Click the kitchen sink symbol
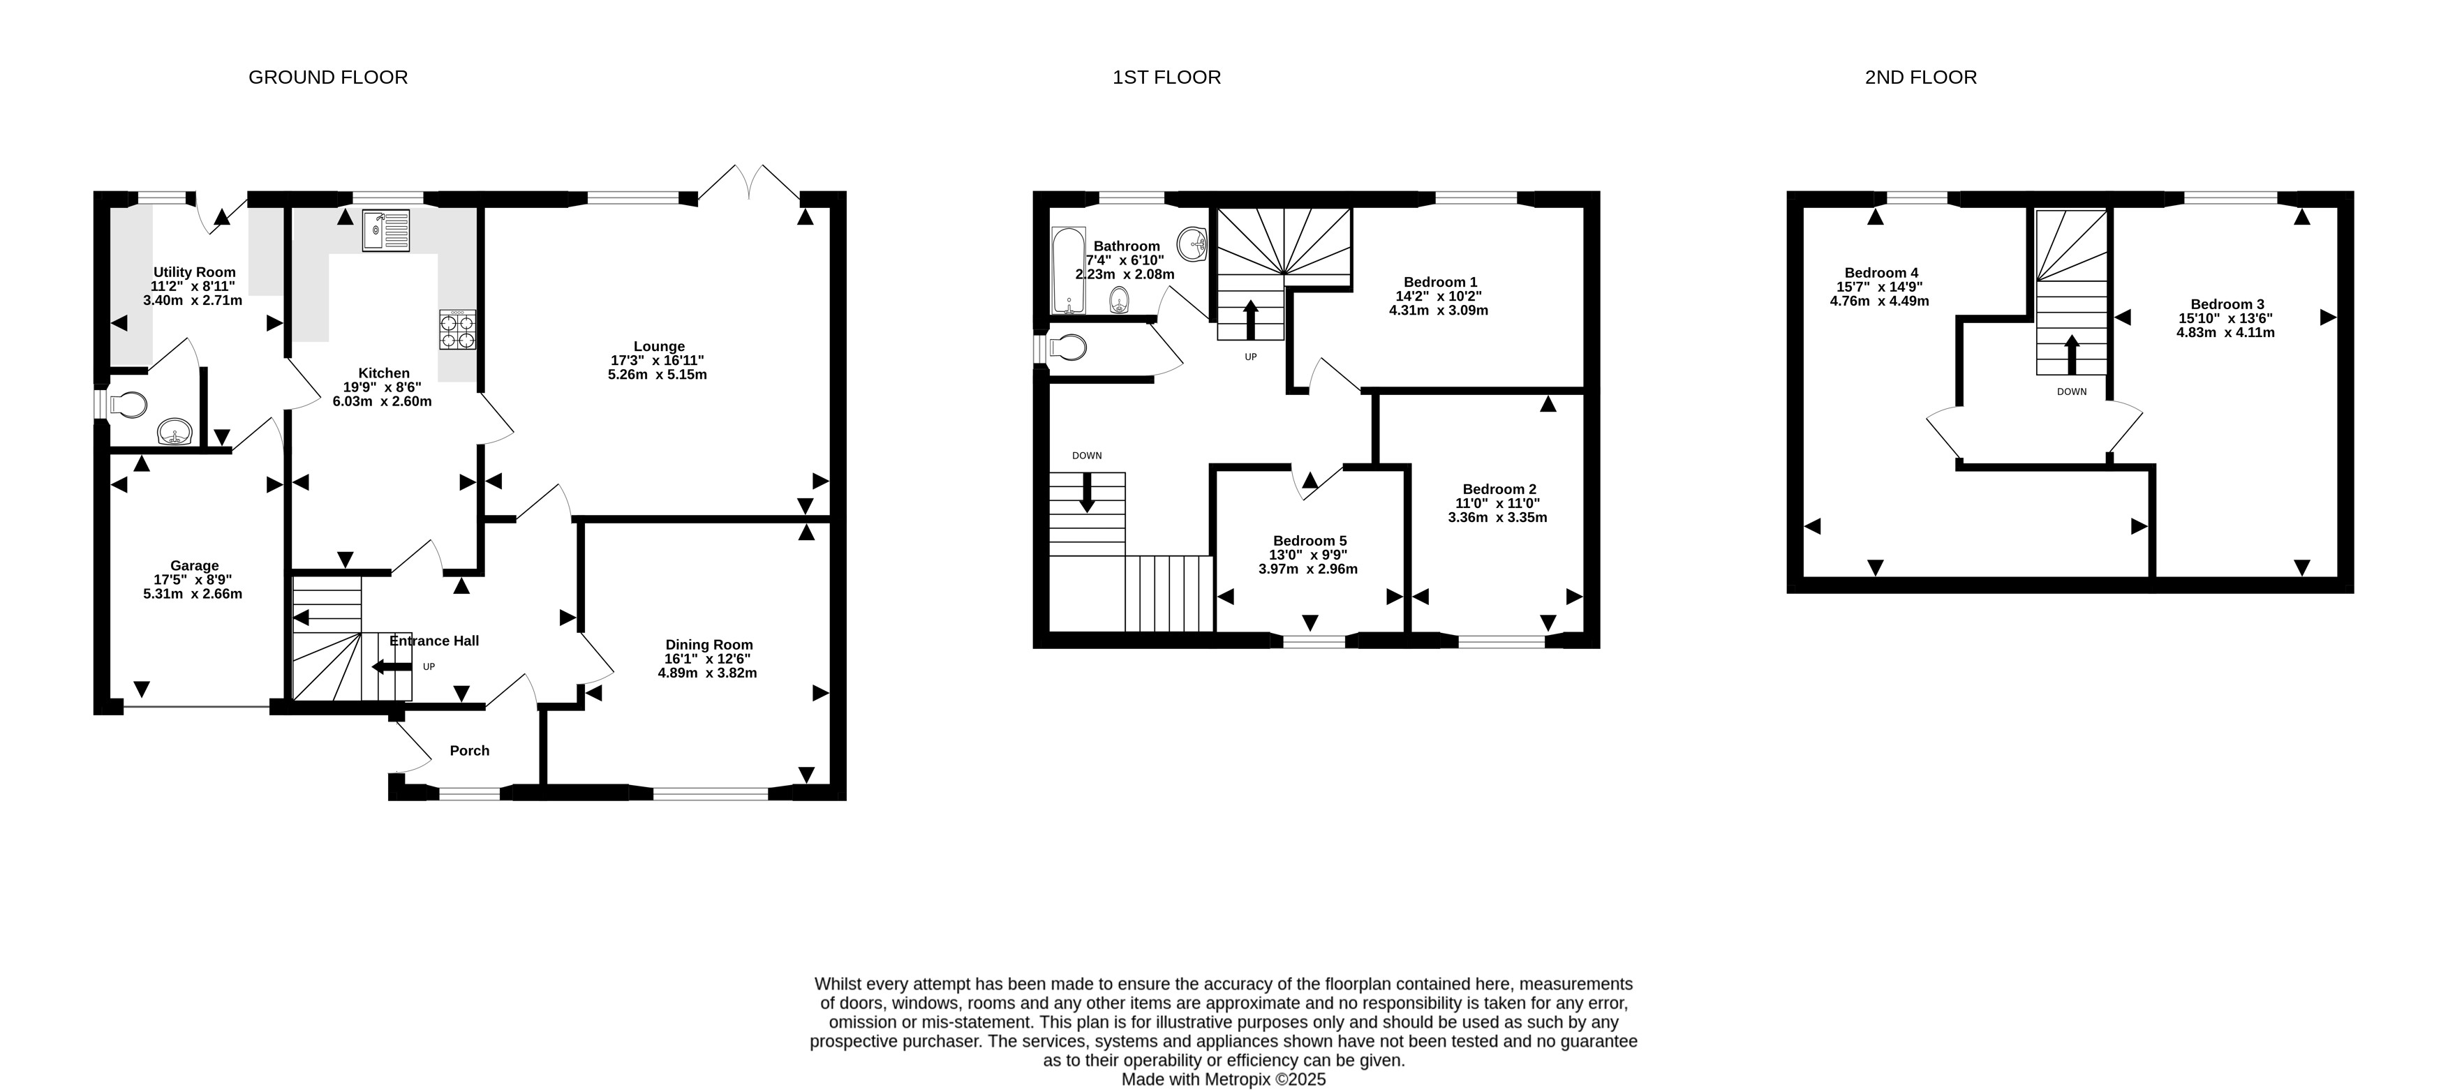(x=386, y=230)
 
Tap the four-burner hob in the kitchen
(x=457, y=331)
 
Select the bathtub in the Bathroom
(x=1068, y=271)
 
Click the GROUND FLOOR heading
(x=328, y=77)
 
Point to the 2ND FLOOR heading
(x=1920, y=77)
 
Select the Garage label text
(x=195, y=565)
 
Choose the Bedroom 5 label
(x=1310, y=541)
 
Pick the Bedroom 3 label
(x=2227, y=304)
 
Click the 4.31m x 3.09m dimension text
(x=1439, y=310)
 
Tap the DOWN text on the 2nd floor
(x=2072, y=391)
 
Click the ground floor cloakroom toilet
(x=126, y=405)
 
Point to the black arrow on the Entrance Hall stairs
(x=392, y=667)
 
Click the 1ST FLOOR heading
(x=1167, y=77)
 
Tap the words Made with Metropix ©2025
(x=1224, y=1080)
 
